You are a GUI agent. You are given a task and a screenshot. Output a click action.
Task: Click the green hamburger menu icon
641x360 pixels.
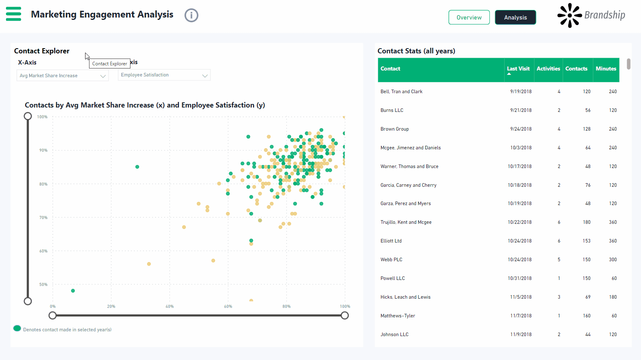click(14, 14)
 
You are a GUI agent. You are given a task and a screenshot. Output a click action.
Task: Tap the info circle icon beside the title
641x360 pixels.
click(191, 16)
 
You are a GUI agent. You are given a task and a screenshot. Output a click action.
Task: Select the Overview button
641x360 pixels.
click(469, 18)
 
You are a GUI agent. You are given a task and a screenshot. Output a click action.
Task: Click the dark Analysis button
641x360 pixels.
click(515, 18)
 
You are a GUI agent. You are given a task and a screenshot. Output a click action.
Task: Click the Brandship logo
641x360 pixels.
click(591, 16)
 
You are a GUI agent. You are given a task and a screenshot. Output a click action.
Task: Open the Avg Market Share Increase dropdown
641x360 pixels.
click(62, 76)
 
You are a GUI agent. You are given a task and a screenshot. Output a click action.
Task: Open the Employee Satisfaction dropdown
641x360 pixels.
click(164, 75)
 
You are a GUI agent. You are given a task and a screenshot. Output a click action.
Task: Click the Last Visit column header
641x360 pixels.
click(518, 69)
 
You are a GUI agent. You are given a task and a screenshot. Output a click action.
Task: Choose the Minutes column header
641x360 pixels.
click(606, 69)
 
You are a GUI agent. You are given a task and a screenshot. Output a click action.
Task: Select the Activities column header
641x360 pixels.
click(548, 69)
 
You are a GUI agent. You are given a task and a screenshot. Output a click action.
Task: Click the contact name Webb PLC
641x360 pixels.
click(391, 260)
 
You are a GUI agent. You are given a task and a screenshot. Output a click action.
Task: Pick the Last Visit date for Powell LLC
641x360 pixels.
click(519, 278)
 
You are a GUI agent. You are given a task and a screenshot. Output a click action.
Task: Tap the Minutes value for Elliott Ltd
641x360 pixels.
click(613, 241)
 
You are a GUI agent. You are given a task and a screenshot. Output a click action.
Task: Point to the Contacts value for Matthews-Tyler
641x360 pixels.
click(587, 316)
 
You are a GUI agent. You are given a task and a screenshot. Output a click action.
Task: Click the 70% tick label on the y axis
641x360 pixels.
click(43, 218)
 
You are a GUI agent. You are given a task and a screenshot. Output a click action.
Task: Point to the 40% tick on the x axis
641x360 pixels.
click(169, 307)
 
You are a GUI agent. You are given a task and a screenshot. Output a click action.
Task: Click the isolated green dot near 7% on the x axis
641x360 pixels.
click(73, 291)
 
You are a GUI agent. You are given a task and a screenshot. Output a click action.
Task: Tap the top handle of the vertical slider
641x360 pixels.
click(28, 116)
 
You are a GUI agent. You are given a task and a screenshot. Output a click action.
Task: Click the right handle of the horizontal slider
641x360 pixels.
click(345, 315)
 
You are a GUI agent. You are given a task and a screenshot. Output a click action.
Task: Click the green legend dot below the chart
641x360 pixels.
click(17, 328)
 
